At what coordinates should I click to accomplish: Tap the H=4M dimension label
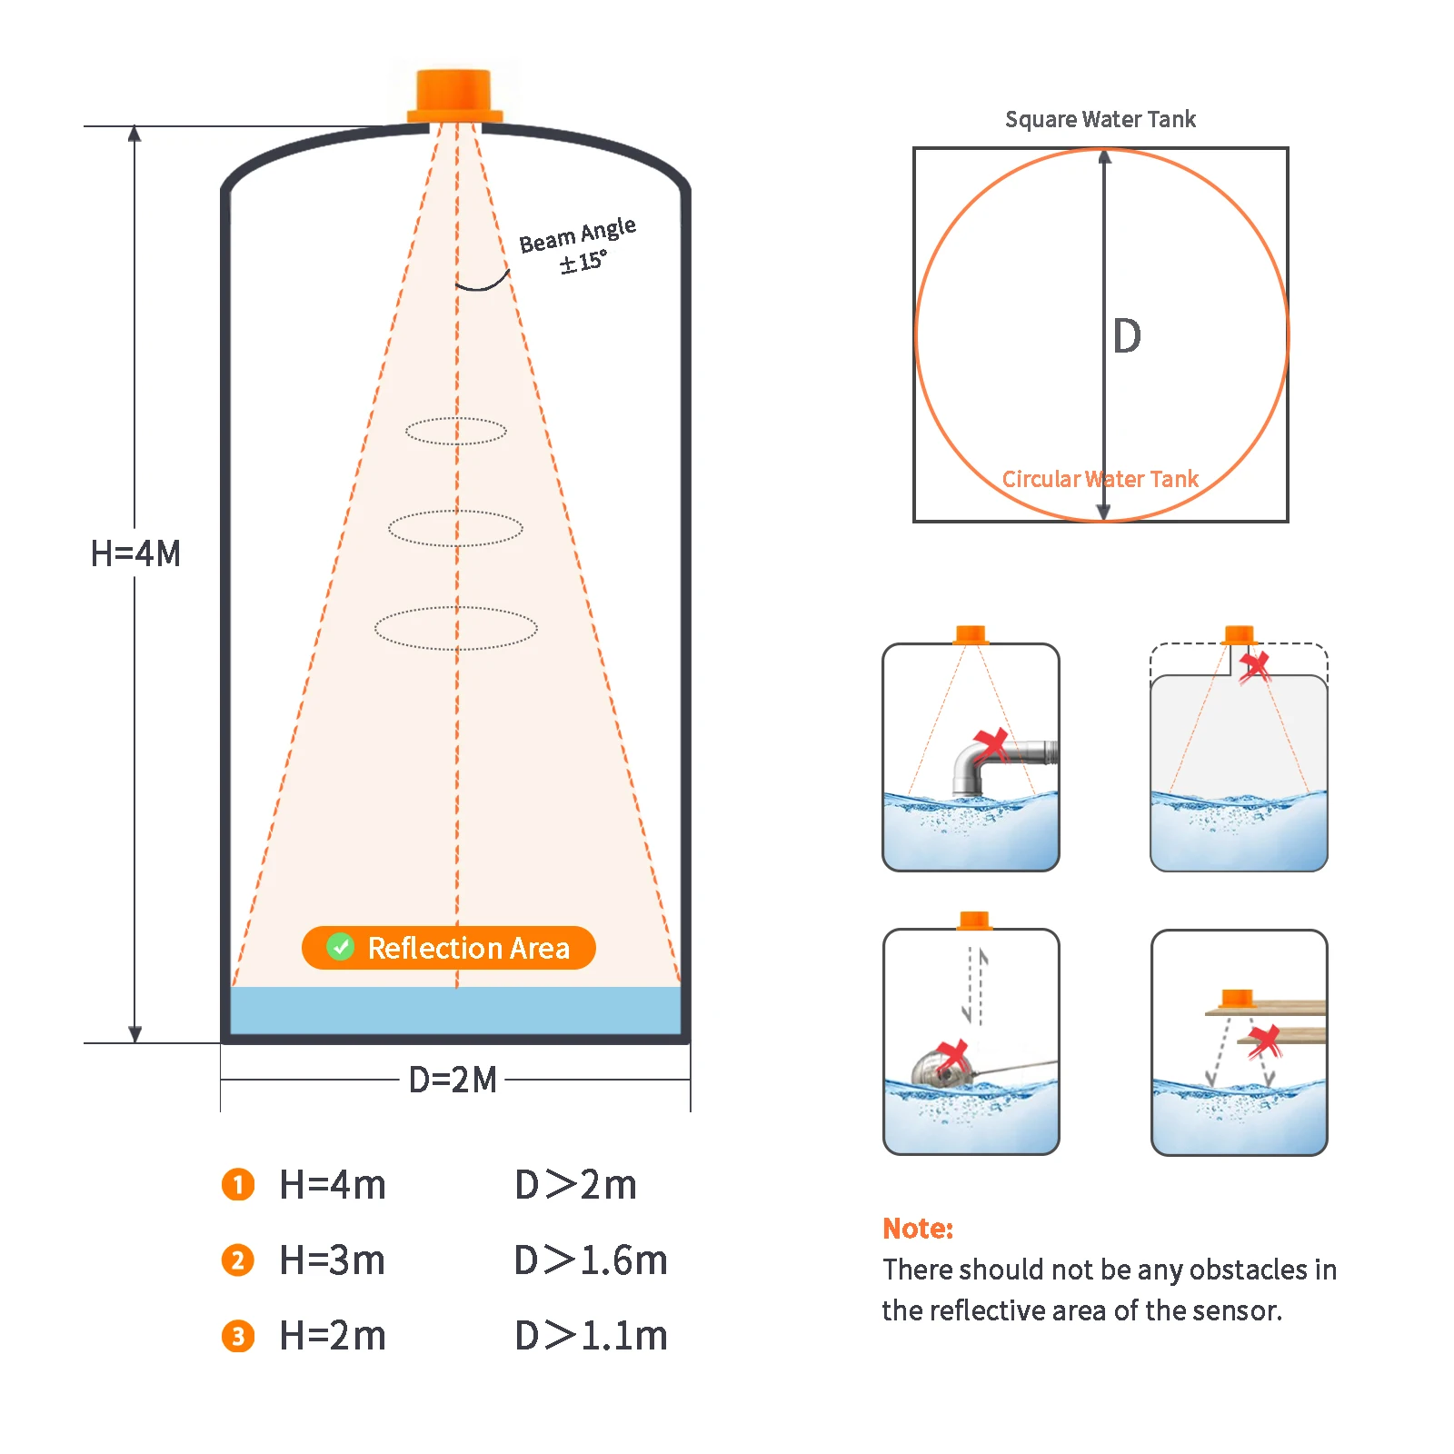pyautogui.click(x=135, y=553)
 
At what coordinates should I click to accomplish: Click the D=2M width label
pyautogui.click(x=453, y=1080)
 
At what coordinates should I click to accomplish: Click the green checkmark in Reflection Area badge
pyautogui.click(x=340, y=947)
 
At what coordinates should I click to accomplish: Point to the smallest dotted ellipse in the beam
pyautogui.click(x=455, y=431)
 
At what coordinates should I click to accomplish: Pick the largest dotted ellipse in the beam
pyautogui.click(x=455, y=628)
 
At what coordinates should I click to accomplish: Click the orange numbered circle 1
pyautogui.click(x=238, y=1184)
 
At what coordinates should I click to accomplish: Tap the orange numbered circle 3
pyautogui.click(x=238, y=1336)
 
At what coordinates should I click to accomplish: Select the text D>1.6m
pyautogui.click(x=590, y=1260)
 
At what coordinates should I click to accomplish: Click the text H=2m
pyautogui.click(x=333, y=1336)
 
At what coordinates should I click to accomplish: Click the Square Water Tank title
pyautogui.click(x=1100, y=119)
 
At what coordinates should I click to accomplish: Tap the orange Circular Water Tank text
pyautogui.click(x=1100, y=479)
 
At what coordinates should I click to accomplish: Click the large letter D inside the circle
pyautogui.click(x=1127, y=336)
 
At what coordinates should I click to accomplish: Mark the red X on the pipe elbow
pyautogui.click(x=991, y=744)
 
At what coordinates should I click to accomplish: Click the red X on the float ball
pyautogui.click(x=952, y=1056)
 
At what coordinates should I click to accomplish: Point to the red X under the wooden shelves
pyautogui.click(x=1263, y=1041)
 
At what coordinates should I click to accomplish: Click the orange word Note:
pyautogui.click(x=917, y=1228)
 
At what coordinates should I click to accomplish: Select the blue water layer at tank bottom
pyautogui.click(x=455, y=1010)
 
